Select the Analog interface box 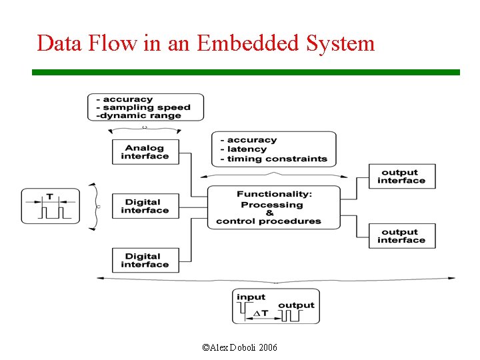pos(145,152)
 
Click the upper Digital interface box pos(145,206)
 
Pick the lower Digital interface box pos(145,260)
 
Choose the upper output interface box pos(401,176)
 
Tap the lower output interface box pos(401,236)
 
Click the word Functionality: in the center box pos(274,194)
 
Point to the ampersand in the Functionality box pos(269,213)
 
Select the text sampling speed pos(147,107)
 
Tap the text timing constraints pos(277,159)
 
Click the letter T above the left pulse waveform pos(50,197)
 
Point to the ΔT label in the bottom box pos(261,313)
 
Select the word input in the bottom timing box pos(251,297)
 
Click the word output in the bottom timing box pos(296,305)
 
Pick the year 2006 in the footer pos(268,348)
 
